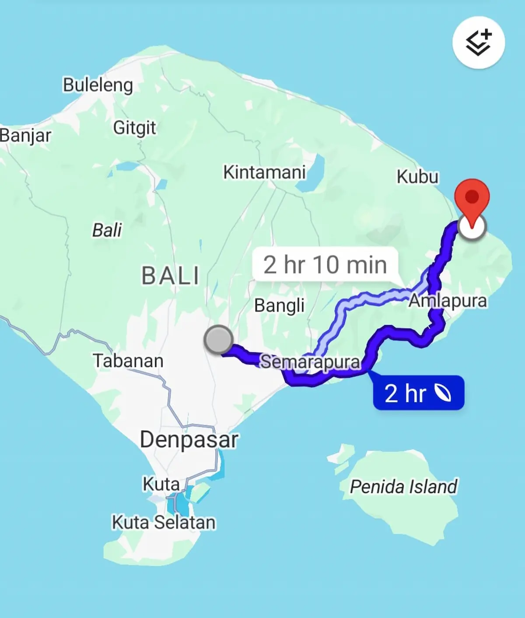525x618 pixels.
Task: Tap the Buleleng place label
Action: pyautogui.click(x=98, y=85)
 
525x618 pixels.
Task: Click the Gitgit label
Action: pyautogui.click(x=134, y=128)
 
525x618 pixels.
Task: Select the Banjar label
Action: pyautogui.click(x=25, y=135)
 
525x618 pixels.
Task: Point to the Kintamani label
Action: pyautogui.click(x=264, y=172)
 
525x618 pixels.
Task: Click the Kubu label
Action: pyautogui.click(x=417, y=177)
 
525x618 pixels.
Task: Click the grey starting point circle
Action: pyautogui.click(x=218, y=339)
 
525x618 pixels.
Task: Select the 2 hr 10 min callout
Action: pyautogui.click(x=325, y=264)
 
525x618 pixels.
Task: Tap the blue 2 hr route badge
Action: pyautogui.click(x=418, y=393)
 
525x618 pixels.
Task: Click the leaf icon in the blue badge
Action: pyautogui.click(x=442, y=393)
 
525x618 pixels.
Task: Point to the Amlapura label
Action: pyautogui.click(x=448, y=301)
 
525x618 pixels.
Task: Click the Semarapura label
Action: pyautogui.click(x=310, y=362)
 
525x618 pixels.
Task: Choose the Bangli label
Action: pyautogui.click(x=279, y=305)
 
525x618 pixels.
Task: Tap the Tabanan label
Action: pyautogui.click(x=128, y=361)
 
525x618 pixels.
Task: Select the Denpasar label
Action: pyautogui.click(x=189, y=439)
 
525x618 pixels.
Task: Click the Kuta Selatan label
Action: pyautogui.click(x=164, y=522)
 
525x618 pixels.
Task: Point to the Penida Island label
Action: pyautogui.click(x=403, y=486)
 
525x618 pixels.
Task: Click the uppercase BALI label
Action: pyautogui.click(x=170, y=276)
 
